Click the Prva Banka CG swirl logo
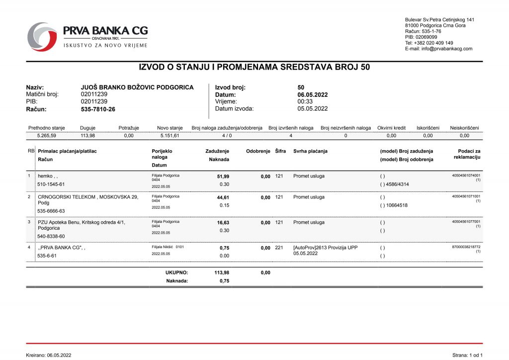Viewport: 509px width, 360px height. click(42, 36)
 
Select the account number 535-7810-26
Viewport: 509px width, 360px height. click(98, 109)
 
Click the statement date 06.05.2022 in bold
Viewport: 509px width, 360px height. click(313, 94)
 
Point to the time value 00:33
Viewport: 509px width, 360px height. click(305, 101)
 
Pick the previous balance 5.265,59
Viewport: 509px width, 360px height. click(47, 135)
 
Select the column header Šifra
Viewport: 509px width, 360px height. click(280, 151)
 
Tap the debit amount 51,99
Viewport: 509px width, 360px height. click(223, 177)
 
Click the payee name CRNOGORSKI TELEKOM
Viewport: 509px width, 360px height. click(67, 197)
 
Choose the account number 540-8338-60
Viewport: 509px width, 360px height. click(51, 236)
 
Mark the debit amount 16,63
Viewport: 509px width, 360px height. click(223, 223)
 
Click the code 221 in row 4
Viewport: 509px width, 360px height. click(279, 248)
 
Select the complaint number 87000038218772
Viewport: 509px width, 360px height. click(466, 247)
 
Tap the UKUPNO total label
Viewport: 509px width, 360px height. click(176, 272)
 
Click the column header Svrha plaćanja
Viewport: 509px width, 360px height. click(310, 151)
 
